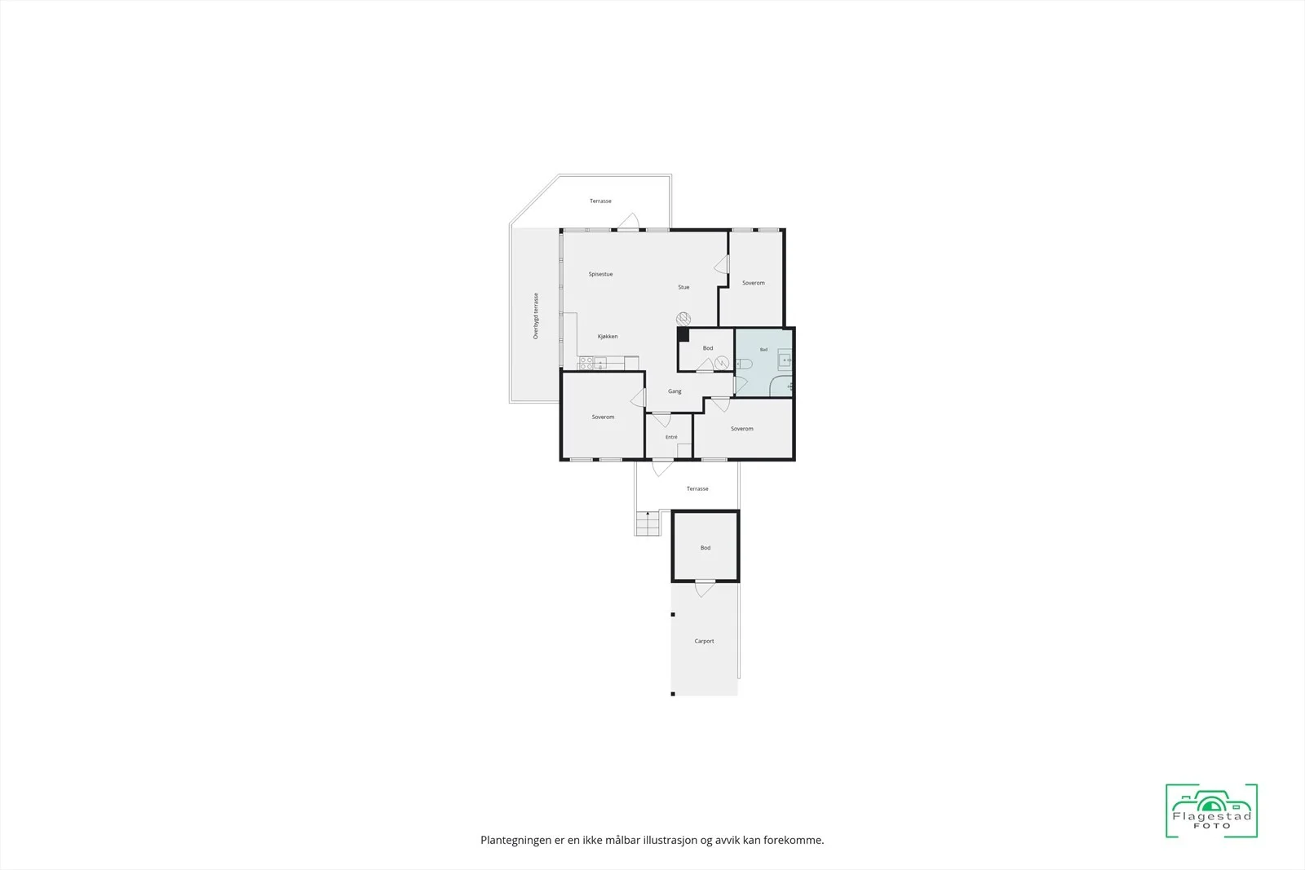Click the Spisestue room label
pos(600,274)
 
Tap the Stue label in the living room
pos(683,287)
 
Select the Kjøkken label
pos(608,337)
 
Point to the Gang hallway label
pos(675,391)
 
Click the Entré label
pos(671,437)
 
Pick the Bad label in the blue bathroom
pos(763,350)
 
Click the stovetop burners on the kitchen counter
pos(586,364)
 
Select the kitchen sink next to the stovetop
pos(600,364)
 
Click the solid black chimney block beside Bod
pos(683,335)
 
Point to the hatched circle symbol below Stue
pos(683,319)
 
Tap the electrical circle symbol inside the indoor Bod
pos(722,364)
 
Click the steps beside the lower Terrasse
pos(648,523)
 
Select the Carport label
pos(704,641)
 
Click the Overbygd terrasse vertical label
pos(536,316)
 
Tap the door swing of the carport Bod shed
pos(705,589)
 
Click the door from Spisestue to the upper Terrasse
pos(629,222)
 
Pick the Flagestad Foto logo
pos(1211,810)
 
